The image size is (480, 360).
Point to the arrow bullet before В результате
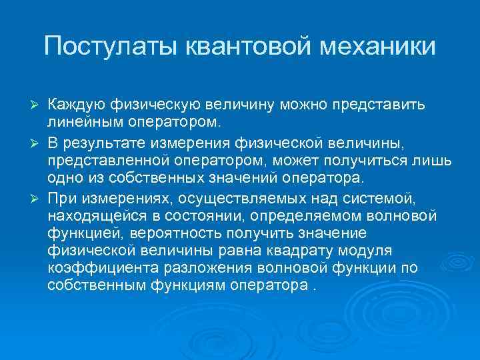point(38,143)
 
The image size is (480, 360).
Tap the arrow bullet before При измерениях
point(38,197)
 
